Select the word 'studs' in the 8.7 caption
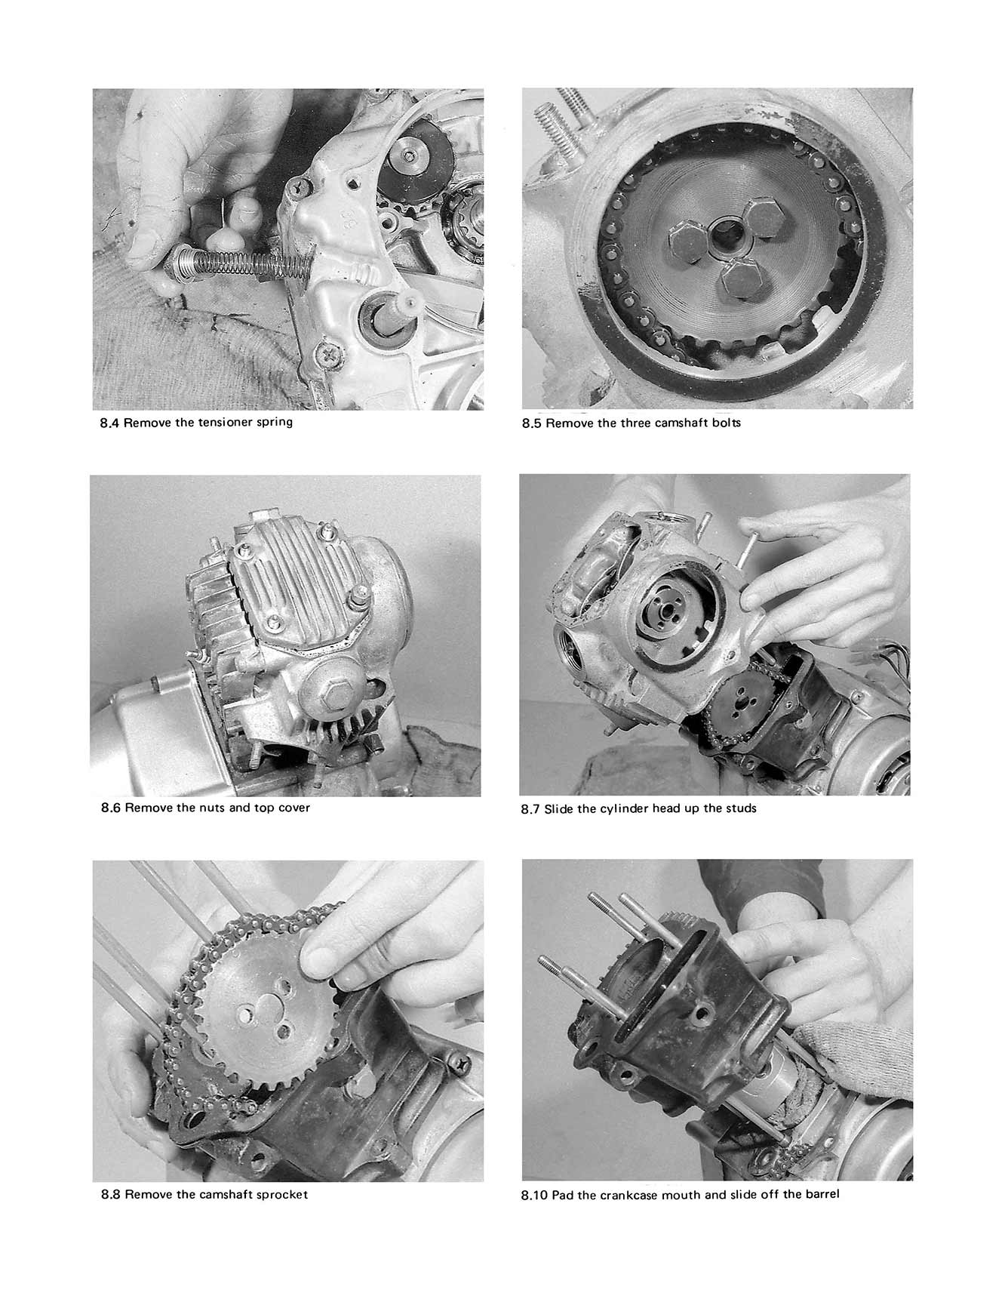(x=741, y=808)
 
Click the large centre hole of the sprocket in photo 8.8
(x=249, y=1014)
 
